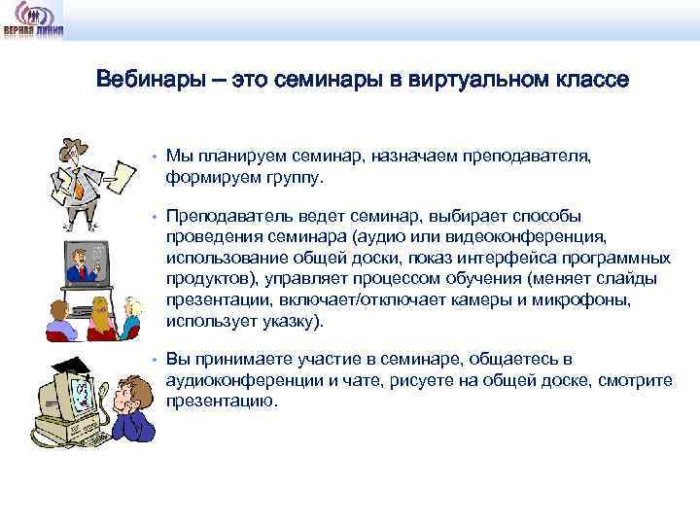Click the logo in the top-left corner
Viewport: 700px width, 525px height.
coord(33,19)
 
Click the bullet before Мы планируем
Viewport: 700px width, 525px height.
coord(154,156)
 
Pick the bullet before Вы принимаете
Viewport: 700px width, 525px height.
coord(154,360)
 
